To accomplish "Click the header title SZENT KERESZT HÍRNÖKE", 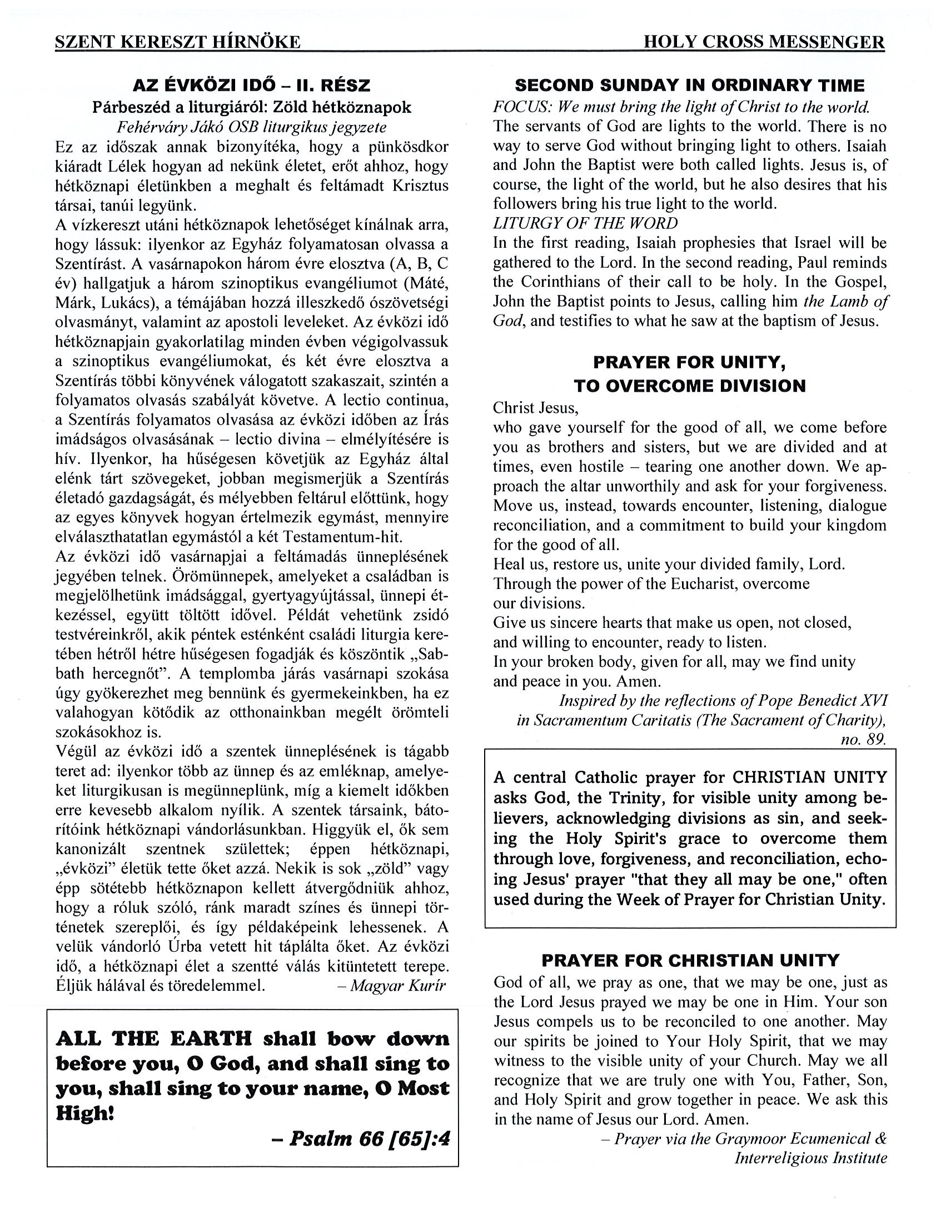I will [177, 42].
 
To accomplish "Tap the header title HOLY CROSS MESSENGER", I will [764, 42].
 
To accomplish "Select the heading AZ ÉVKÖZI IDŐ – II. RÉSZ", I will [252, 86].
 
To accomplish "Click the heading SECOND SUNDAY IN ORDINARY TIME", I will [689, 86].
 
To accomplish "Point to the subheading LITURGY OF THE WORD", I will [585, 223].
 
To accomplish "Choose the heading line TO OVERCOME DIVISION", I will [689, 386].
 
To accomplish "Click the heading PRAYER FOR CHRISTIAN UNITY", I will [690, 960].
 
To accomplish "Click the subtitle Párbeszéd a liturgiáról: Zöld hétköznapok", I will [252, 107].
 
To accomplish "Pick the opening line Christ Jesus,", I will [535, 408].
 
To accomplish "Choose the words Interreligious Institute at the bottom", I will [810, 1159].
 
